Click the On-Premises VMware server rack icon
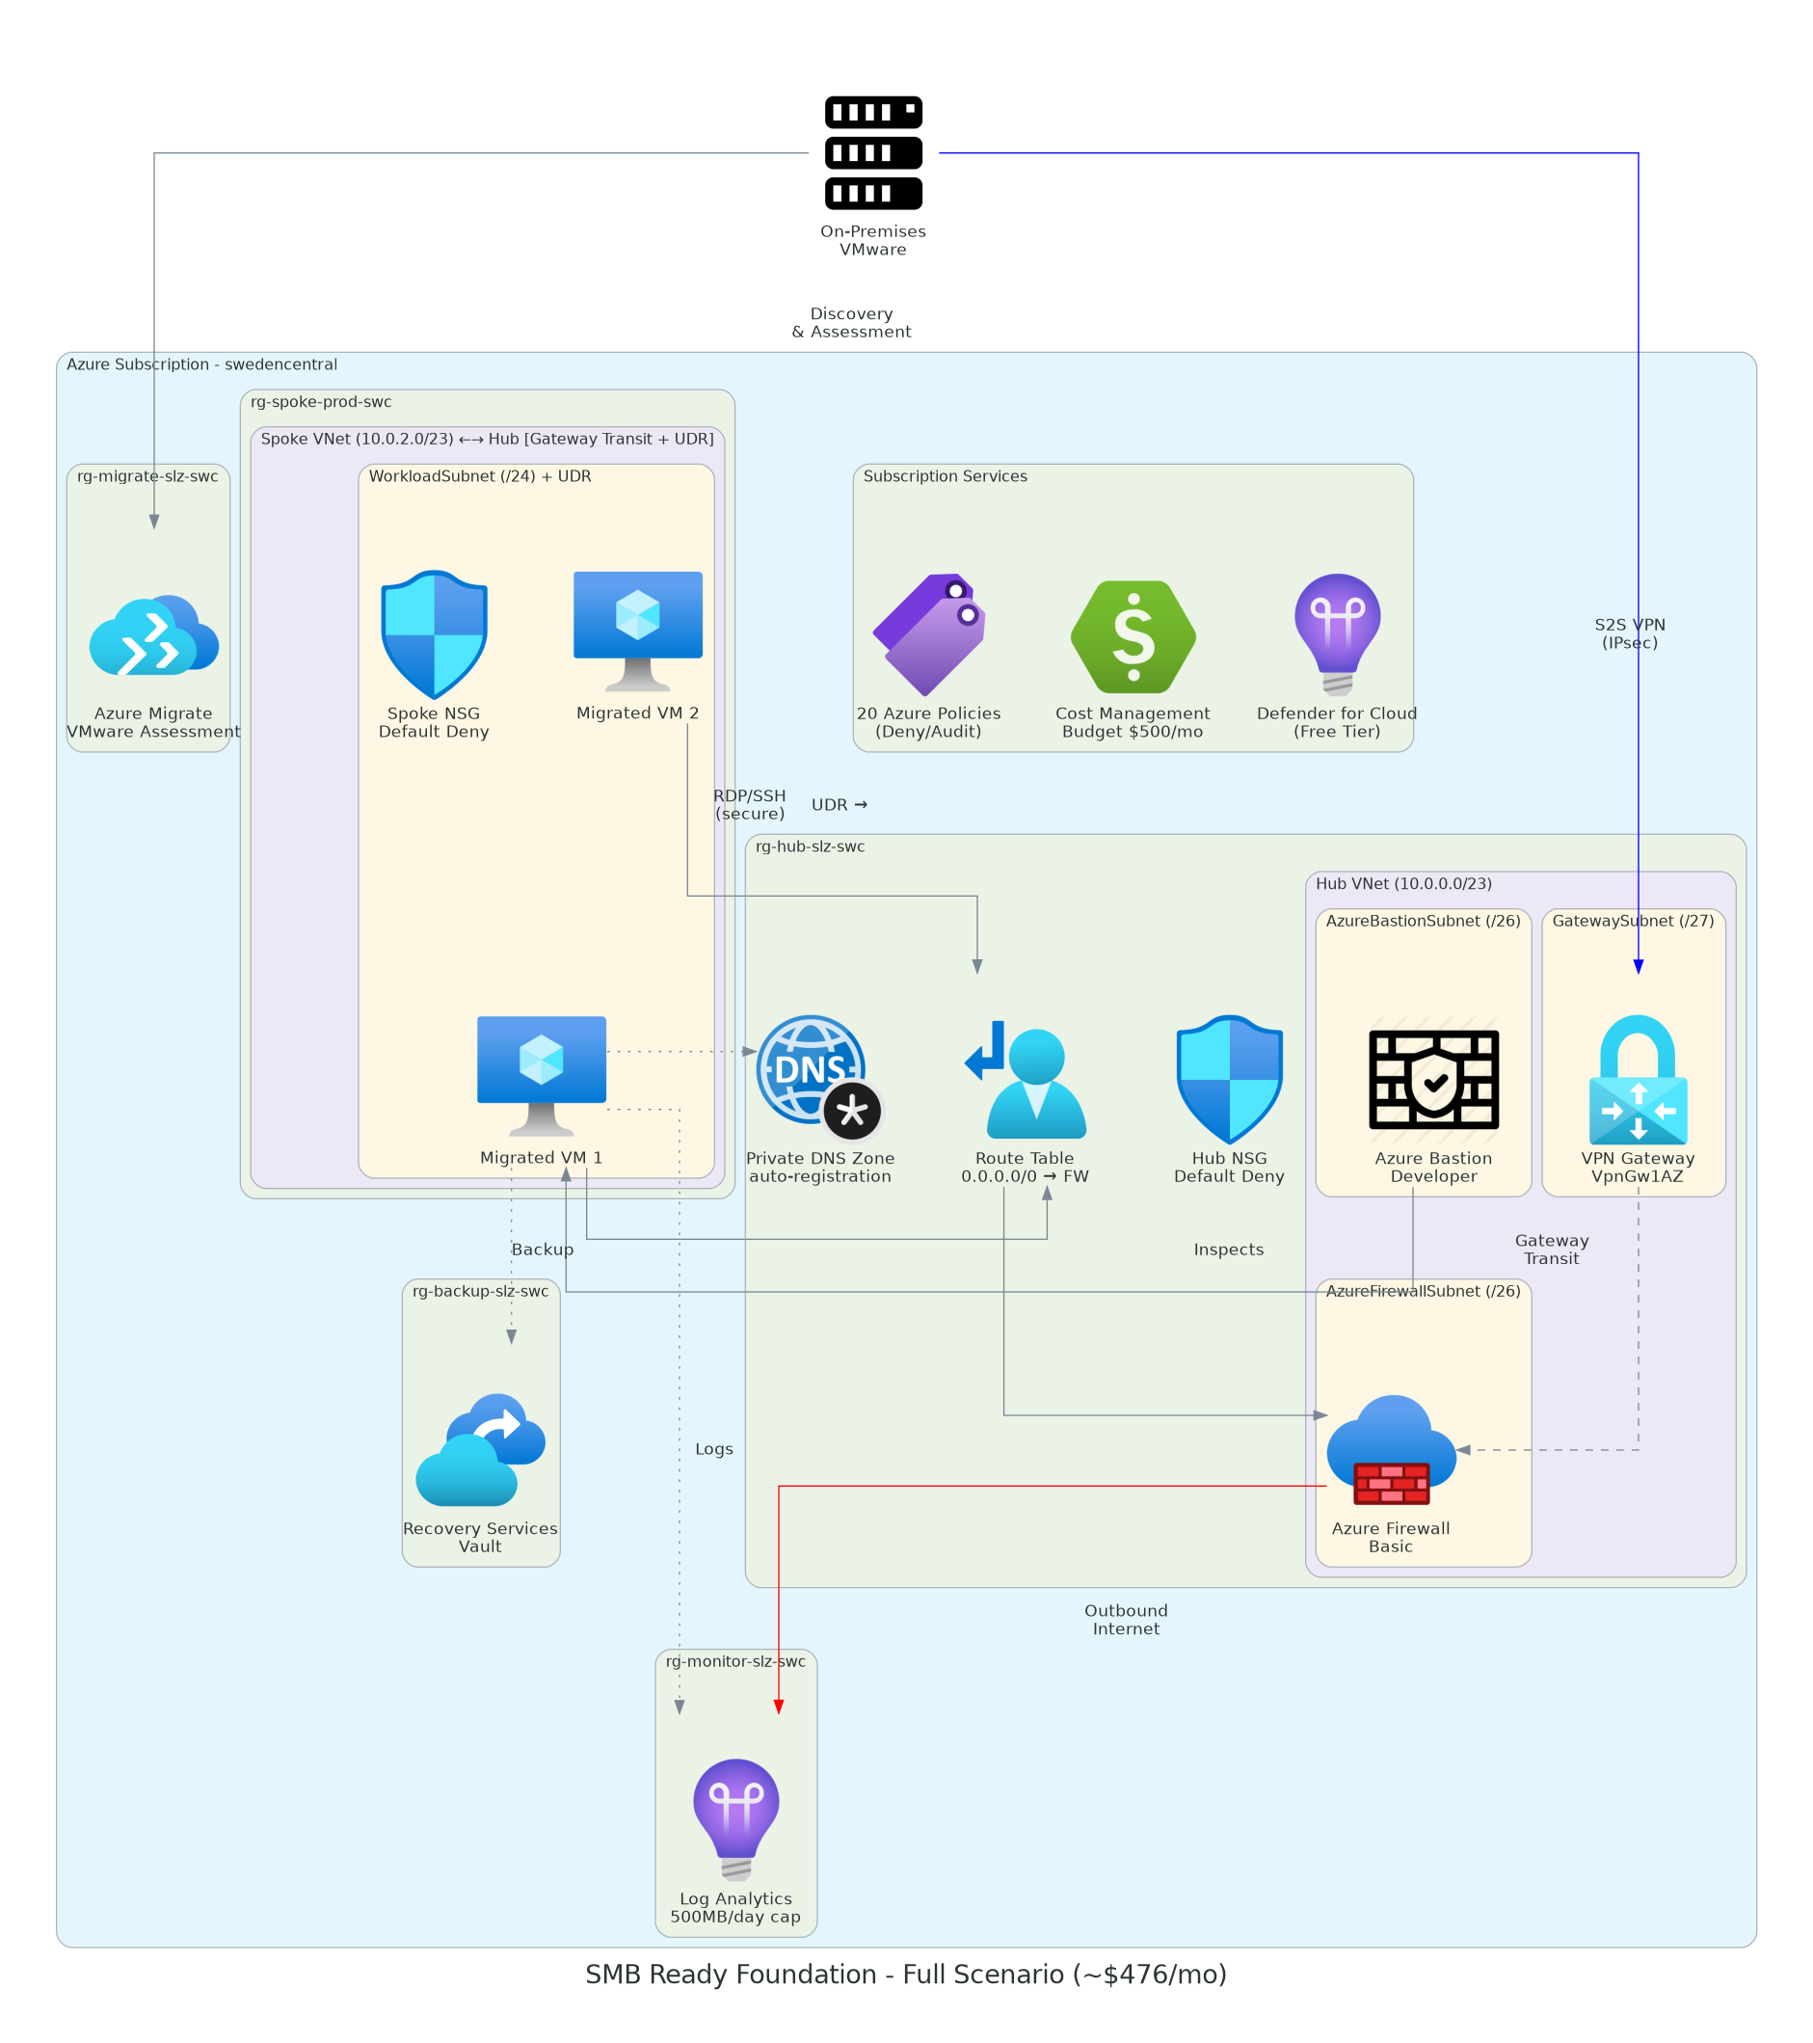(872, 153)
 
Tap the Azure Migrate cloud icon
(153, 635)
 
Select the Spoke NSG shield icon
(434, 634)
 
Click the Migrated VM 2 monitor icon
(638, 630)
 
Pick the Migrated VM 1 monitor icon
(541, 1074)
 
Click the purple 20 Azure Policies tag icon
(929, 634)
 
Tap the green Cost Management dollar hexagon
(1133, 636)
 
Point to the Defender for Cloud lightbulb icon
(1337, 633)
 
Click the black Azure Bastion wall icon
(1433, 1080)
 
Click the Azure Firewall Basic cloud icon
(1391, 1449)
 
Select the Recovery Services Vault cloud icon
(481, 1449)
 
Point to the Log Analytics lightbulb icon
(735, 1819)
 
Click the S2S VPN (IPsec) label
(1629, 633)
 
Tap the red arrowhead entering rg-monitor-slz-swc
(779, 1707)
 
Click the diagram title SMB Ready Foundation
(905, 1976)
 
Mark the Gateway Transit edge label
(1551, 1250)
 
